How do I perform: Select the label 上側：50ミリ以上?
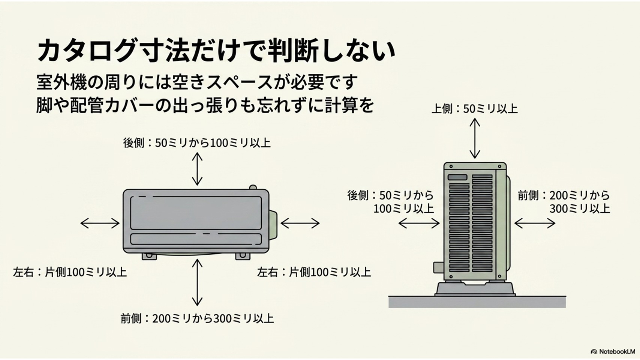(475, 109)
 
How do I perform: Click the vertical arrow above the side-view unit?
(475, 138)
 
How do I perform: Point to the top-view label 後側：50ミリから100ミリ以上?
(197, 143)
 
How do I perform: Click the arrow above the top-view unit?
(197, 169)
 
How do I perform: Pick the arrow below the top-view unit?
(197, 282)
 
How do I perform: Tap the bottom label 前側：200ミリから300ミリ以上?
(197, 318)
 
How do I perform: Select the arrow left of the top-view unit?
(100, 223)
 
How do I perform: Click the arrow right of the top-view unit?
(300, 223)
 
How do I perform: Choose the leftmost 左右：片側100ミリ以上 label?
(70, 272)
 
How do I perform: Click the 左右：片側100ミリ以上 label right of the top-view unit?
(314, 272)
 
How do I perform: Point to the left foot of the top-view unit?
(149, 256)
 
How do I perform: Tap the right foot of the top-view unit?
(243, 256)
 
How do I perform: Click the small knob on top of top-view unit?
(253, 187)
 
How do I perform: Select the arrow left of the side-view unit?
(419, 223)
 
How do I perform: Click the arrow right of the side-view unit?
(535, 223)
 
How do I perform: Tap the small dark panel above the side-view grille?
(457, 177)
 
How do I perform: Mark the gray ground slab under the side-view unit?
(477, 302)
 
